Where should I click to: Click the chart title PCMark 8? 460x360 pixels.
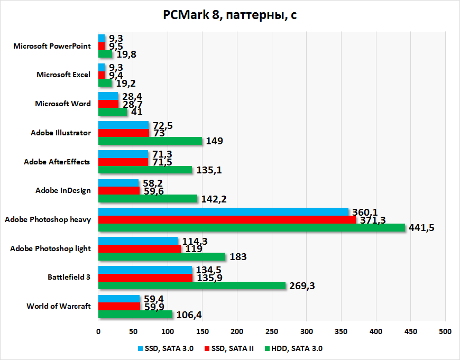[229, 15]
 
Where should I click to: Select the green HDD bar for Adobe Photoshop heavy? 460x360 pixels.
[251, 227]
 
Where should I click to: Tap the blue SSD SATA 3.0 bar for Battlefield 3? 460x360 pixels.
[145, 270]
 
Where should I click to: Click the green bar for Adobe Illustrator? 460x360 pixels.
[150, 141]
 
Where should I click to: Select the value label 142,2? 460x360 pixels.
[214, 199]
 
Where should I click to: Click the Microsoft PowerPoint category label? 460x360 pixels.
[52, 46]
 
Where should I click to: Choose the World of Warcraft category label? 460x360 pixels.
[58, 306]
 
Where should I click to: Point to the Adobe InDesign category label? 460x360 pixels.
[63, 190]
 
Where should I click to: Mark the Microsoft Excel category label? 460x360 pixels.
[63, 75]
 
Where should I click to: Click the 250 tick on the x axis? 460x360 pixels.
[272, 331]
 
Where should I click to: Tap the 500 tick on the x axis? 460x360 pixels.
[445, 331]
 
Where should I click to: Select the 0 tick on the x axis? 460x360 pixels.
[98, 331]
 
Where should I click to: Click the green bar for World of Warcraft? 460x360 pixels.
[135, 315]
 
